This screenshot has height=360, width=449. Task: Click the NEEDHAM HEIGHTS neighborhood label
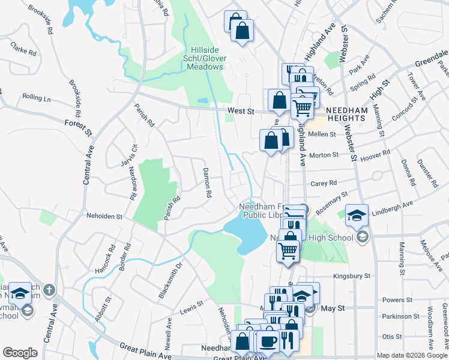[346, 114]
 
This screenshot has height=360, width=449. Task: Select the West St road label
[241, 111]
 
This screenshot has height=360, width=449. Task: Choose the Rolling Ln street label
[37, 97]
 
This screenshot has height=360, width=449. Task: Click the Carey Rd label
[324, 183]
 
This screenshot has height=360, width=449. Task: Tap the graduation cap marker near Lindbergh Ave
[357, 215]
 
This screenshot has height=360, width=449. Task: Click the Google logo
[20, 352]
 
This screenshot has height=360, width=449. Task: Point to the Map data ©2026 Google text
[411, 355]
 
